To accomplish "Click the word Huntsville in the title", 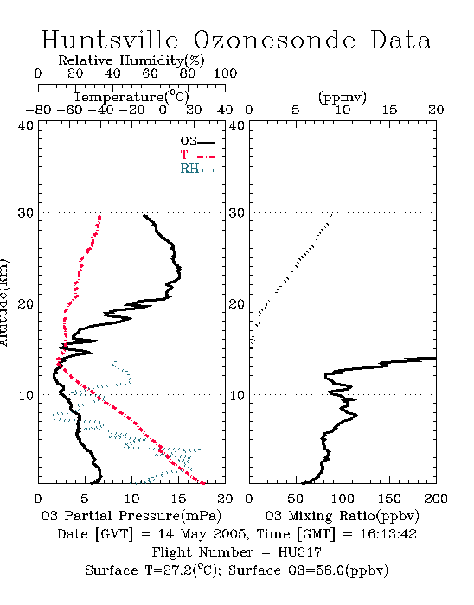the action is click(x=110, y=40).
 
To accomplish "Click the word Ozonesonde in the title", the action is click(x=274, y=40).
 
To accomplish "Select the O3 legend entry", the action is click(x=197, y=142).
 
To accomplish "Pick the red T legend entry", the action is click(x=197, y=156).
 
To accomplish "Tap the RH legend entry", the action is click(x=197, y=169).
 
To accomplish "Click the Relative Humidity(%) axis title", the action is click(x=131, y=60).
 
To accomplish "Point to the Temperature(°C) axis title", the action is click(x=131, y=97).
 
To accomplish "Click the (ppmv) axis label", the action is click(x=343, y=97).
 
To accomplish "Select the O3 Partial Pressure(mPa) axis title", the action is click(x=131, y=516).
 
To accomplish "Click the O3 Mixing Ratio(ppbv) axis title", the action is click(x=342, y=516).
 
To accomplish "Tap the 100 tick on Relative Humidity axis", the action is click(x=225, y=73).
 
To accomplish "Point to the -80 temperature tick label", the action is click(x=38, y=110).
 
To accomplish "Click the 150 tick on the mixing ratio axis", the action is click(x=389, y=499).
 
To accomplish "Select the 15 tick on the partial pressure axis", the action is click(x=178, y=499).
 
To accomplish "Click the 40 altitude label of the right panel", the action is click(x=237, y=125).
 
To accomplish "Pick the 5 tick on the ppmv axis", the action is click(x=296, y=110).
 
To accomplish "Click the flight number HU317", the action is click(x=299, y=552).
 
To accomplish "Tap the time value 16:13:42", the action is click(x=388, y=534).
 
